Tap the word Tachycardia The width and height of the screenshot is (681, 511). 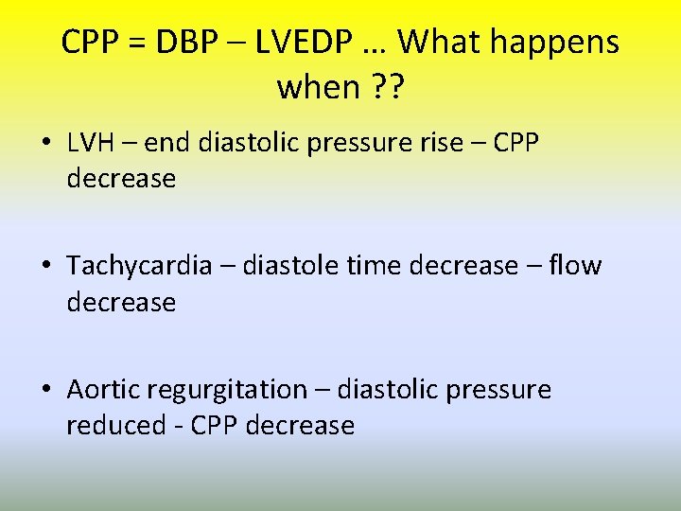139,266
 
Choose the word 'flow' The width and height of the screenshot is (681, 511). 574,266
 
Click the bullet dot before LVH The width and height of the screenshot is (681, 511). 46,143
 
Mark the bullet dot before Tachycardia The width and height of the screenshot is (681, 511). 46,267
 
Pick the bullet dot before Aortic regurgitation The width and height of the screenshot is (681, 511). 46,391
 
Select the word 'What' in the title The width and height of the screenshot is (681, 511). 441,43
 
